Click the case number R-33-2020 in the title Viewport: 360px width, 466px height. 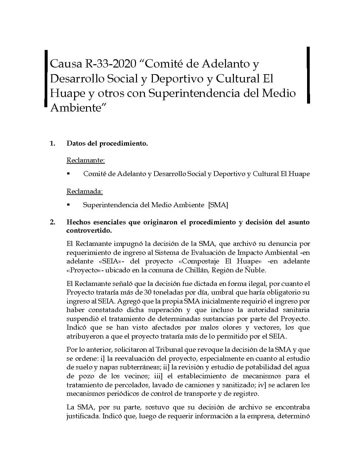[x=111, y=63]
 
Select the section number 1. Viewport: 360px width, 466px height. [x=52, y=143]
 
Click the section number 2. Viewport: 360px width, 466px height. [x=52, y=222]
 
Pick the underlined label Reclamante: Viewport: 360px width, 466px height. [x=86, y=161]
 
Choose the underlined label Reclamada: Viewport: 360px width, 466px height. [x=85, y=191]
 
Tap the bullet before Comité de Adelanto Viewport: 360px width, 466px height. [x=68, y=173]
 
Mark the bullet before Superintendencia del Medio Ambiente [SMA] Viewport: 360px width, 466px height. [x=68, y=205]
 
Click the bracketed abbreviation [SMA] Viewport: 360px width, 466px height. [x=218, y=205]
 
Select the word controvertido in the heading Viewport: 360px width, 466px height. [x=89, y=230]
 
